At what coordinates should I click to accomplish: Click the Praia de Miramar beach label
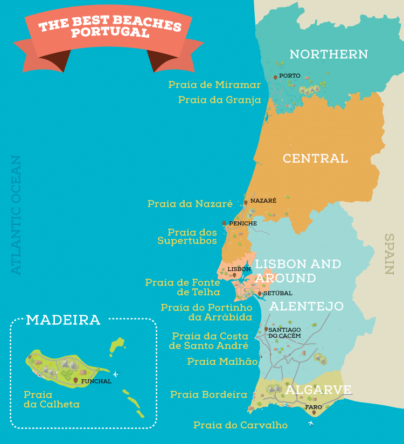tap(214, 85)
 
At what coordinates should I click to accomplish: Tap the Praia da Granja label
tap(219, 100)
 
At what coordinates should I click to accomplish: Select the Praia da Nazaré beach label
tap(190, 204)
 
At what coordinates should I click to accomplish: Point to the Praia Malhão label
tap(222, 362)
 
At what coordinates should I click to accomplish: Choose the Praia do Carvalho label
tap(240, 425)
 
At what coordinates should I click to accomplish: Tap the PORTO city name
tap(290, 76)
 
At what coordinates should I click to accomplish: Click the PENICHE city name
tap(242, 223)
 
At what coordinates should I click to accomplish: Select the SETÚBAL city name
tap(278, 293)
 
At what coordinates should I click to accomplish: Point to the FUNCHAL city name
tap(96, 381)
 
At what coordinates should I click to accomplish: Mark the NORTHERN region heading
tap(329, 54)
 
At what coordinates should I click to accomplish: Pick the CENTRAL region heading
tap(315, 158)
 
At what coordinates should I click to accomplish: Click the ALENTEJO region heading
tap(306, 306)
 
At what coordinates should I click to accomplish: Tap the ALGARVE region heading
tap(318, 390)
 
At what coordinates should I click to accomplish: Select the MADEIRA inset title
tap(63, 320)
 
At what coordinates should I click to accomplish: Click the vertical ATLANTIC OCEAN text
tap(17, 216)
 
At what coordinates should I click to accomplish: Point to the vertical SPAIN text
tap(389, 254)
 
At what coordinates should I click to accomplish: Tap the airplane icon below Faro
tap(310, 424)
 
